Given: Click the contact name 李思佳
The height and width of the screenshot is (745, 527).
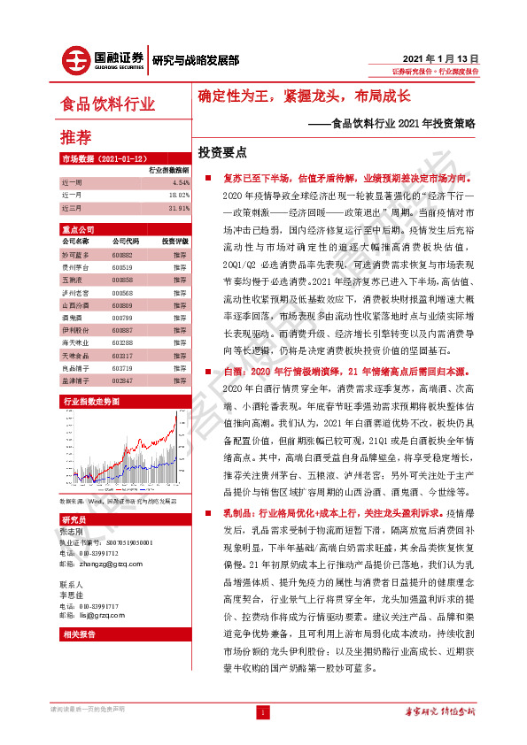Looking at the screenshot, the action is coord(71,595).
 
